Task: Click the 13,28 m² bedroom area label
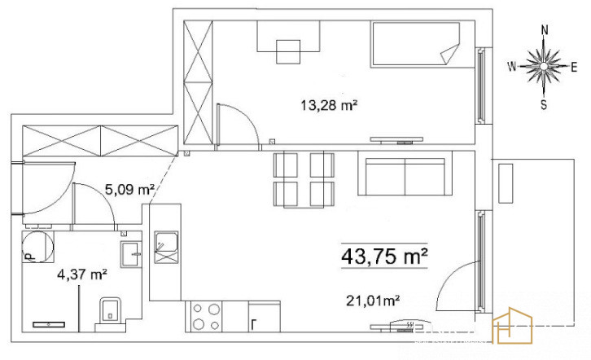pos(329,105)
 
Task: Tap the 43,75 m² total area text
pos(384,257)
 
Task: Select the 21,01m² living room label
pos(373,301)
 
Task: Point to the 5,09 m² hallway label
pos(130,189)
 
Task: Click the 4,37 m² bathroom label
pos(81,274)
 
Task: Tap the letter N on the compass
pos(545,30)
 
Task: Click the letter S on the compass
pos(544,105)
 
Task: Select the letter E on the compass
pos(574,68)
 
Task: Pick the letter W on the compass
pos(512,67)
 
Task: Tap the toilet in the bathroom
pos(110,311)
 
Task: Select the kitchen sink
pos(166,247)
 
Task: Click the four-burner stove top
pos(204,317)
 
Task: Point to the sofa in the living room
pos(405,173)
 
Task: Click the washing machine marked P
pos(37,247)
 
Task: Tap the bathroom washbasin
pos(131,254)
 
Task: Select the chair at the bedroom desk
pos(288,51)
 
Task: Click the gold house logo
pos(513,326)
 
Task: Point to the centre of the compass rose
pos(544,66)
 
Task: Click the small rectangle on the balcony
pos(506,183)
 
